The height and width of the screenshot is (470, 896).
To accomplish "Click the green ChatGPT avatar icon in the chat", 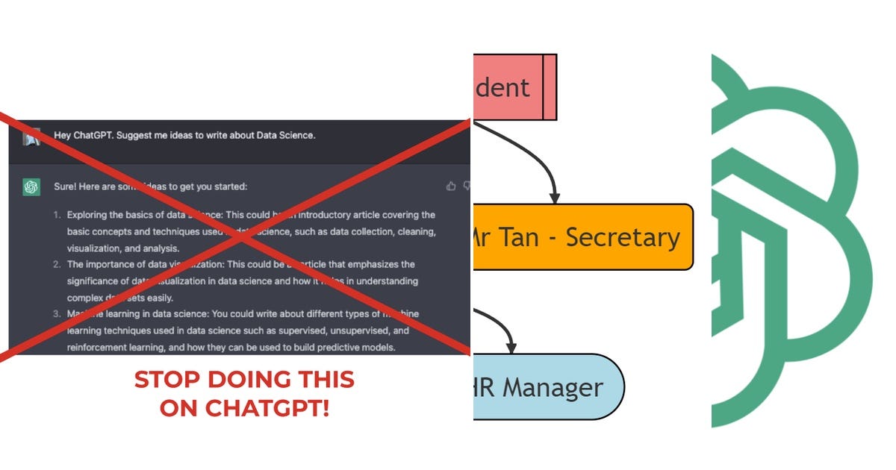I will [x=31, y=187].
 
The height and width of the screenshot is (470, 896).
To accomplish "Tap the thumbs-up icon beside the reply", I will [x=450, y=187].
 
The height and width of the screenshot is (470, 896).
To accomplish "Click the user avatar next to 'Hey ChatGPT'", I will [x=31, y=137].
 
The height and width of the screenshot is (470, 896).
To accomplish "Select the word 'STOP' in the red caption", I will [x=161, y=380].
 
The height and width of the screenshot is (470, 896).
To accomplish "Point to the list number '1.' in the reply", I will [x=57, y=215].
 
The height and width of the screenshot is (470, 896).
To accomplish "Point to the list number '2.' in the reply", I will [x=57, y=265].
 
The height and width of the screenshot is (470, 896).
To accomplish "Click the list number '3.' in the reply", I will [x=57, y=314].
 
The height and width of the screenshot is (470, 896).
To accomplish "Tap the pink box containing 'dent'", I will [x=508, y=87].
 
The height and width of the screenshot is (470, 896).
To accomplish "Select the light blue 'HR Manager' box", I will [x=549, y=387].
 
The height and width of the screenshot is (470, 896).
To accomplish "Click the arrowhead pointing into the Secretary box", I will [x=554, y=198].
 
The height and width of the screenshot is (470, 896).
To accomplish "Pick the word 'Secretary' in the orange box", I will [x=623, y=237].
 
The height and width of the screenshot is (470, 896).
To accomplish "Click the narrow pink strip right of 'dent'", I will [x=550, y=87].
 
